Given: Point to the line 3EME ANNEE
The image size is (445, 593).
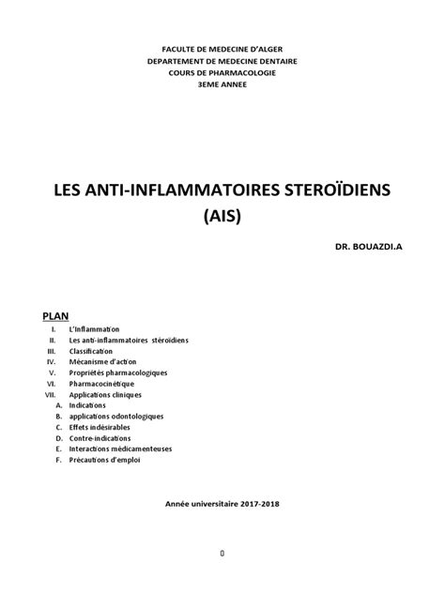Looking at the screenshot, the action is (222, 84).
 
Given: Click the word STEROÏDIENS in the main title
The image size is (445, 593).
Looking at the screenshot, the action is (325, 193).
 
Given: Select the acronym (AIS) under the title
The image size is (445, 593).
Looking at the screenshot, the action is (222, 219).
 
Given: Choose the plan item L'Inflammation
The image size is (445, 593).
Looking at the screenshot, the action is (95, 329).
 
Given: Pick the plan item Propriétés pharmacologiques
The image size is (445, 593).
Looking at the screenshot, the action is (117, 373).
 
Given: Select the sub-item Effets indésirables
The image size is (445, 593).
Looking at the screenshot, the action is (100, 427).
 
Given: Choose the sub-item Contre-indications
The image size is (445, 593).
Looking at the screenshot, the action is (100, 438).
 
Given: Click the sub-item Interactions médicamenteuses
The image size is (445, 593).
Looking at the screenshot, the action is (120, 449).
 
